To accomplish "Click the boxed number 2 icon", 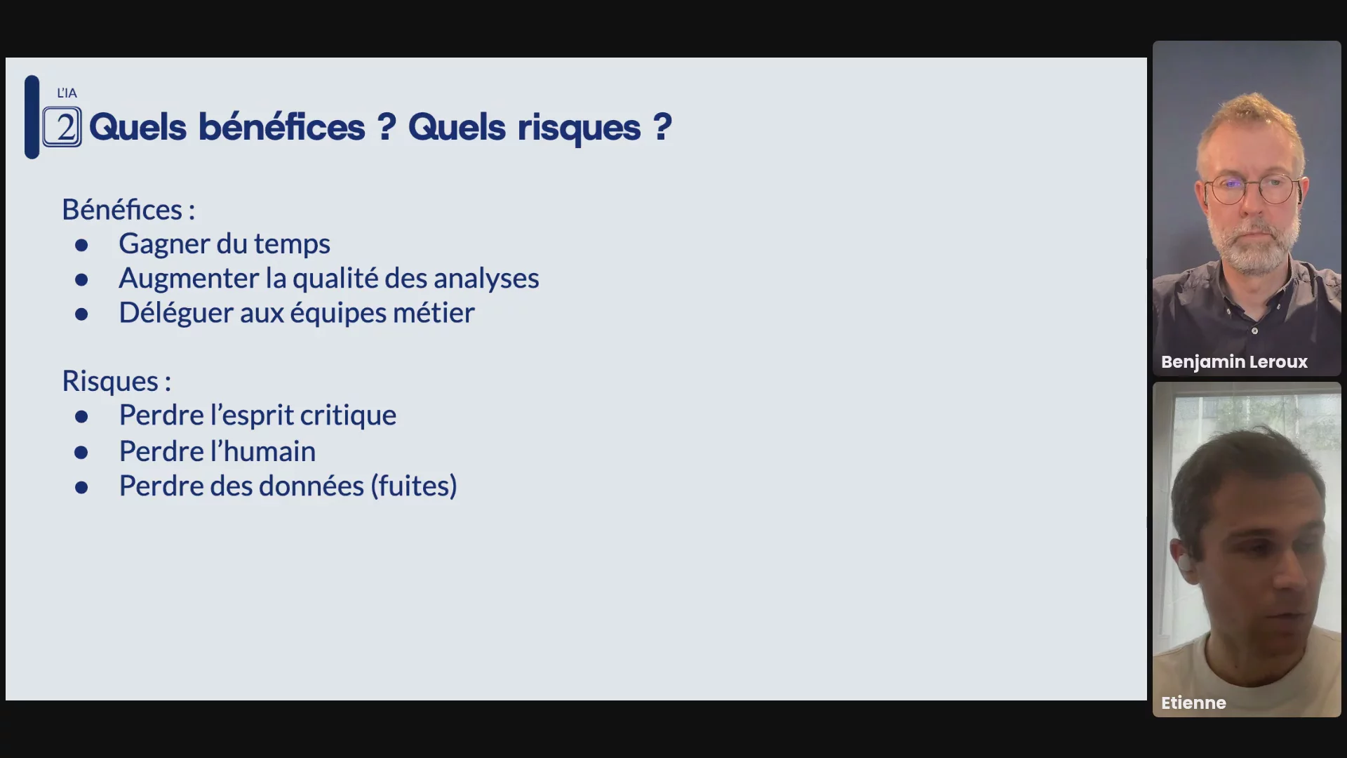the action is click(62, 127).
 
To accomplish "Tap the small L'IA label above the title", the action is click(67, 93).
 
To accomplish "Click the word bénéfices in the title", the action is click(281, 127).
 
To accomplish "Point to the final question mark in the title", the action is click(662, 127).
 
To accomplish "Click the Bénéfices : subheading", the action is click(128, 209).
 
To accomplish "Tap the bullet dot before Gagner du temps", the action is click(81, 245).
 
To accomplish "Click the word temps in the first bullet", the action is click(292, 245).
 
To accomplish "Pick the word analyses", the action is click(486, 279).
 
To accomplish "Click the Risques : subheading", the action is click(116, 381).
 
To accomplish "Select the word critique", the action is click(348, 415).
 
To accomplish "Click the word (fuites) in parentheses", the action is click(414, 486).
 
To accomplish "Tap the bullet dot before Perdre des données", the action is click(81, 487).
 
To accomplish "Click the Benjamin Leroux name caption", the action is click(1234, 362).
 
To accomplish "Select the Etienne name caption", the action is click(1193, 703).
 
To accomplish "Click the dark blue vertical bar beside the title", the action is click(32, 117).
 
